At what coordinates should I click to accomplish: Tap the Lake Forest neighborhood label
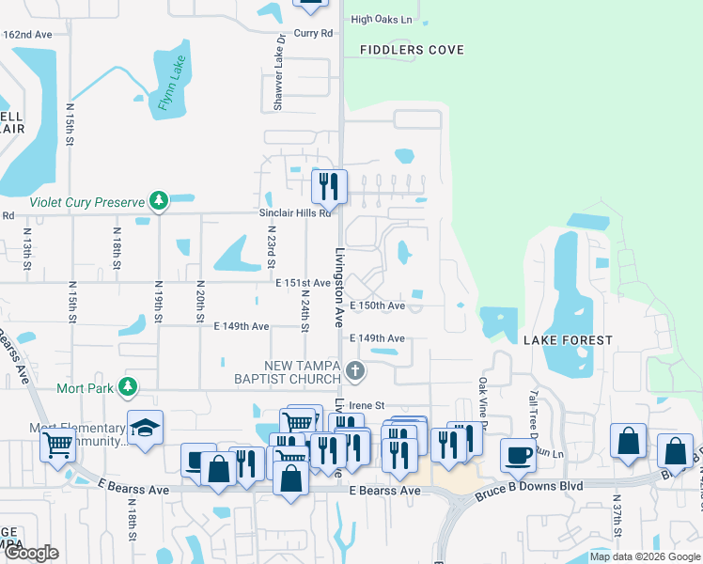pos(568,340)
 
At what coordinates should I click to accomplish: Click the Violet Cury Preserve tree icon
pos(160,200)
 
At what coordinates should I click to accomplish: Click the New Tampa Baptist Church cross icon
pos(354,370)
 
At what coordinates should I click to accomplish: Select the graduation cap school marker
pos(144,429)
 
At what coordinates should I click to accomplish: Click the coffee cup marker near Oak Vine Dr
pos(518,455)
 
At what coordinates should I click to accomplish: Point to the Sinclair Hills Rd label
pos(296,213)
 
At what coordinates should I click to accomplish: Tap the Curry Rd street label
pos(314,33)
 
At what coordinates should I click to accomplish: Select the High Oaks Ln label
pos(382,19)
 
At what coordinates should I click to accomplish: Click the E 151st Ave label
pos(303,283)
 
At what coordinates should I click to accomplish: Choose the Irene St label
pos(367,405)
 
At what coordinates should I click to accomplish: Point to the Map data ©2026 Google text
pos(644,556)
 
